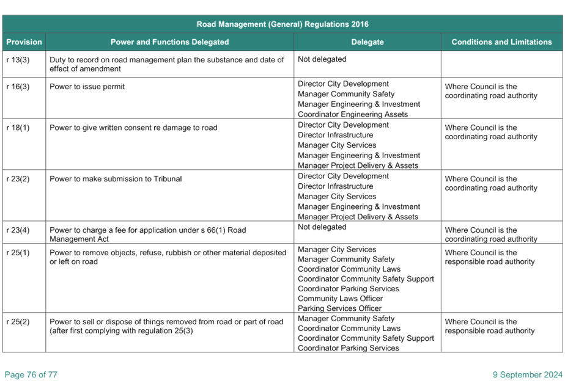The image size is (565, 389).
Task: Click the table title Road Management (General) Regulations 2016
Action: click(282, 24)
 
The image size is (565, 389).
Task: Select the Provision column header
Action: click(24, 42)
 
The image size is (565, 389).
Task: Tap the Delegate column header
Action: click(367, 42)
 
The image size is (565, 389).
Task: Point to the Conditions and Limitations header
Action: click(501, 42)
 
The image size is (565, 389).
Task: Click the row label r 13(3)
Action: click(18, 60)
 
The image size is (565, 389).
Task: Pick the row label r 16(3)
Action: click(18, 86)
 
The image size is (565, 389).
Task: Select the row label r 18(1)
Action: click(18, 128)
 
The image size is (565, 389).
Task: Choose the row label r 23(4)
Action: click(18, 230)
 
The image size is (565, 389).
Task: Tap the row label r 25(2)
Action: click(18, 322)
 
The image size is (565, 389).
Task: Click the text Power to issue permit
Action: click(87, 86)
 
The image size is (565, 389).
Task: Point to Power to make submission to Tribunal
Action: click(116, 179)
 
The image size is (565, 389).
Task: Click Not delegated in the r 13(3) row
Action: click(322, 59)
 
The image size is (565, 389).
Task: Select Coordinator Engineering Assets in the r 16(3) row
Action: click(353, 114)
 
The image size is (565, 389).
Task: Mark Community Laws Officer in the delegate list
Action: click(340, 299)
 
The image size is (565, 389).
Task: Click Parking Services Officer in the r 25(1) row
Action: click(339, 308)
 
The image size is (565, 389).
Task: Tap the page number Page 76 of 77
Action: click(31, 374)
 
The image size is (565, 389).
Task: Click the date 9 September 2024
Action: click(528, 374)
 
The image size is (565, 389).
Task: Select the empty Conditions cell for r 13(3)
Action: click(501, 64)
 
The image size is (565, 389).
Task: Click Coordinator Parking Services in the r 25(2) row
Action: click(349, 348)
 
